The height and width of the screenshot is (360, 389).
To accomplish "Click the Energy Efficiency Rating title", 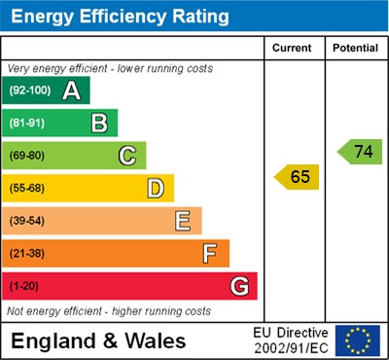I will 120,17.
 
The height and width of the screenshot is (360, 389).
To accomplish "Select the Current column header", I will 293,48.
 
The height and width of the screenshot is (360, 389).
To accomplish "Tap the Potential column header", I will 355,48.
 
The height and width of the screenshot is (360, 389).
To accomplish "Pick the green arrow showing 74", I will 360,152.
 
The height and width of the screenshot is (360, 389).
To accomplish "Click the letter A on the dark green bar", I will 71,91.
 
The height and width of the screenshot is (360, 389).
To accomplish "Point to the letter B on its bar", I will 99,124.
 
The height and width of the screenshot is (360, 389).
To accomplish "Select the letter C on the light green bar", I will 126,156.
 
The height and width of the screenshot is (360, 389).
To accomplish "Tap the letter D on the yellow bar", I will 155,188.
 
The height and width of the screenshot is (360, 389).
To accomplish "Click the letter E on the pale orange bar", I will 183,221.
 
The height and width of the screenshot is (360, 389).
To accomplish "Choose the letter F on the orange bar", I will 210,254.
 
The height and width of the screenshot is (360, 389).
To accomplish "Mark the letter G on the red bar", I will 238,287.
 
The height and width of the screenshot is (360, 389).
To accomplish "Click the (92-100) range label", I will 29,91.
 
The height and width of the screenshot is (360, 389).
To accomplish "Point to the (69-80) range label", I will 27,156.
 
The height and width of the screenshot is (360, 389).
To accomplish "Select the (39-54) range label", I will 27,221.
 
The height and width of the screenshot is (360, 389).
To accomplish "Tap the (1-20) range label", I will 24,287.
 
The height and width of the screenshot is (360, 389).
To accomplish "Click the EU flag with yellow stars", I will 357,341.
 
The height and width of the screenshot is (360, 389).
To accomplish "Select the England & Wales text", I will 97,341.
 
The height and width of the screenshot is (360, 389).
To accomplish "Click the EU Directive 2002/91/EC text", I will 292,341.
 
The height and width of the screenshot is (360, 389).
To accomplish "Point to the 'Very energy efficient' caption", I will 109,69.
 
